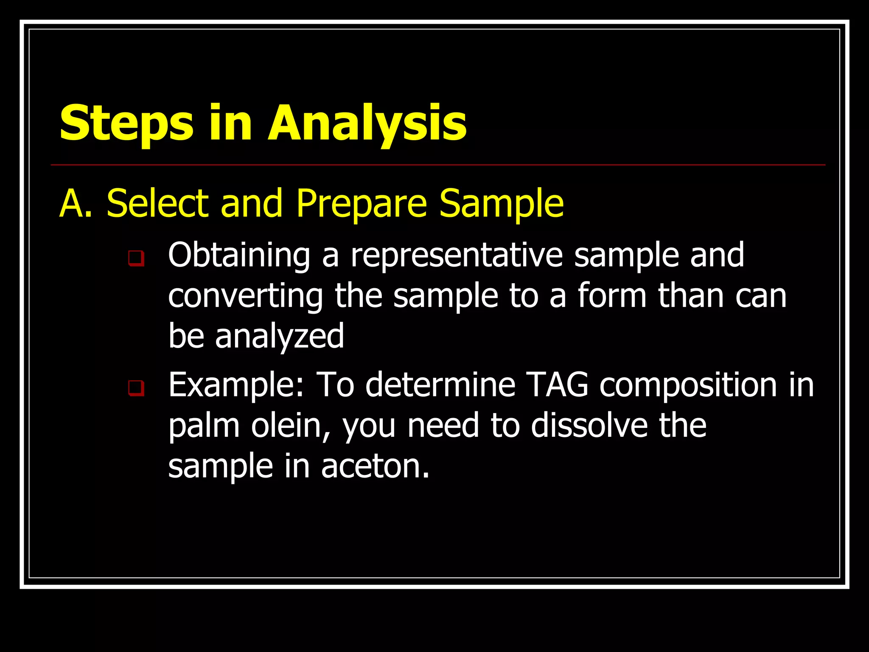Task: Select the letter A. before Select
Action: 76,204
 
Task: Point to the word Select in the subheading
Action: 158,204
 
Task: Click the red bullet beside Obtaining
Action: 136,258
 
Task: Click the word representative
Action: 457,256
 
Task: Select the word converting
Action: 246,297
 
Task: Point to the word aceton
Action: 375,467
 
